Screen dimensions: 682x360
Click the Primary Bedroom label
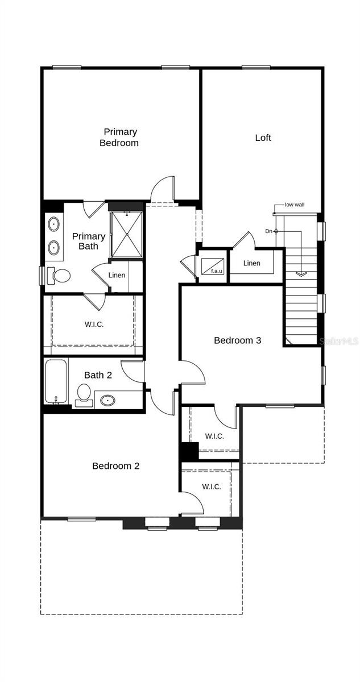tap(119, 138)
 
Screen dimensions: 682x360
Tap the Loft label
tap(263, 138)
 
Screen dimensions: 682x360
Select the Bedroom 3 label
tap(237, 340)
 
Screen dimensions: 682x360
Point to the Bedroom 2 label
tap(116, 466)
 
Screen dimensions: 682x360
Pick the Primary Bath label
tap(88, 241)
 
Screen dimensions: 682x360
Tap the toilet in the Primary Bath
tap(60, 276)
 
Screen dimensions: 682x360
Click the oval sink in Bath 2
tap(108, 400)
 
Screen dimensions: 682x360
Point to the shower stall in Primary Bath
tap(127, 234)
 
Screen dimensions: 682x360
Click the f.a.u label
tap(216, 271)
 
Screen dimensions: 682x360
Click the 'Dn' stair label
tap(268, 231)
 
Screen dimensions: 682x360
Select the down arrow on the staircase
tap(301, 274)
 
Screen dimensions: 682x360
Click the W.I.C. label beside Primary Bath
tap(94, 325)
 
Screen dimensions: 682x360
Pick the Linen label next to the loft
tap(251, 263)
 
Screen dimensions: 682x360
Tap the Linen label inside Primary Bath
tap(117, 275)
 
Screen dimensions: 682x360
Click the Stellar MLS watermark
tap(339, 342)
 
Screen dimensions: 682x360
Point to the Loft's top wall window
tap(256, 68)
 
